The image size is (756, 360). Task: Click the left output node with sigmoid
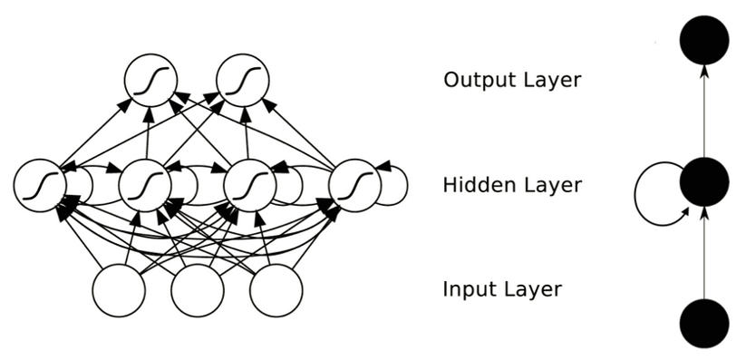click(x=150, y=81)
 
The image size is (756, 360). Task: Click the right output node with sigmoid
click(x=243, y=81)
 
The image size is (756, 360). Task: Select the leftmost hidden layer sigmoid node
click(x=40, y=185)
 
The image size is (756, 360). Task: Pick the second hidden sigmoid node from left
click(x=145, y=185)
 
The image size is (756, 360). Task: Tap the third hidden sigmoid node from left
click(x=250, y=185)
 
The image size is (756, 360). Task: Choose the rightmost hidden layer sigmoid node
click(x=354, y=185)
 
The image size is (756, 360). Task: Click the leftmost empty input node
click(x=119, y=290)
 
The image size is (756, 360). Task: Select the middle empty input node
click(x=198, y=290)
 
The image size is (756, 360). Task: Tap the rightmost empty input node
click(x=276, y=290)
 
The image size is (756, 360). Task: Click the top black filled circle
click(x=704, y=40)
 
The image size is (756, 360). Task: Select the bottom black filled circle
click(x=704, y=324)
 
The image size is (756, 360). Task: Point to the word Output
click(x=476, y=80)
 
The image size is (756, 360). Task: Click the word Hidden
click(x=476, y=185)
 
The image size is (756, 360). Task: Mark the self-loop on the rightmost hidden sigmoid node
click(x=393, y=184)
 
